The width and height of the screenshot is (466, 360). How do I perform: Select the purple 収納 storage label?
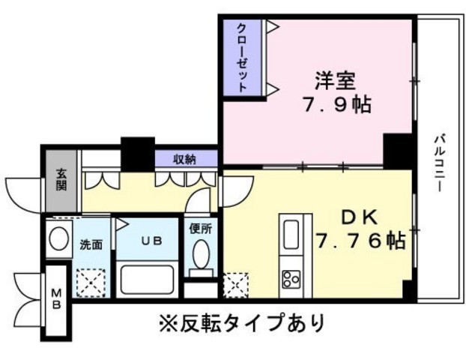click(x=185, y=158)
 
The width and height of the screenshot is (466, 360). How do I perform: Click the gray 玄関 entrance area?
click(x=61, y=180)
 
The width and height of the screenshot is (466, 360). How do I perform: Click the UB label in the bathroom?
click(x=152, y=241)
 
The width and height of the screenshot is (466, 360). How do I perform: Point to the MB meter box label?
click(x=56, y=298)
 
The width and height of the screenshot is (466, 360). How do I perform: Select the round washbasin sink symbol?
click(x=58, y=239)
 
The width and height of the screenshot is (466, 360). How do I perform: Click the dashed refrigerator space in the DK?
click(x=236, y=285)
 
